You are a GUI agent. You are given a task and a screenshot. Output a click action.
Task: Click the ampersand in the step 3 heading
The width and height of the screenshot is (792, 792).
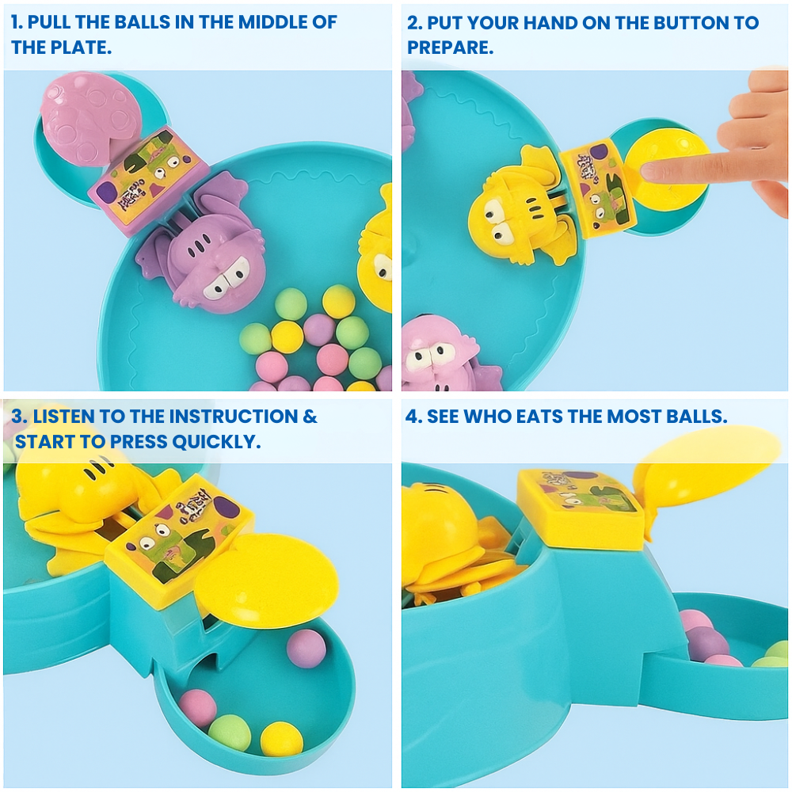coord(310,416)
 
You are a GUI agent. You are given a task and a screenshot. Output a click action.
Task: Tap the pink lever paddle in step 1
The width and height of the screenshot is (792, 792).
coord(83,119)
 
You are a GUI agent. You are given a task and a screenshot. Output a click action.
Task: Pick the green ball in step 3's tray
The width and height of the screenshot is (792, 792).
coord(230,733)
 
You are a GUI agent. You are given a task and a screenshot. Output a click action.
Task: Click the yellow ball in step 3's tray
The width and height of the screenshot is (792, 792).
coord(282,738)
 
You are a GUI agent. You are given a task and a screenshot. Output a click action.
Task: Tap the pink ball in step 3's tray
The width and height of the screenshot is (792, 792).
coord(197,707)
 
